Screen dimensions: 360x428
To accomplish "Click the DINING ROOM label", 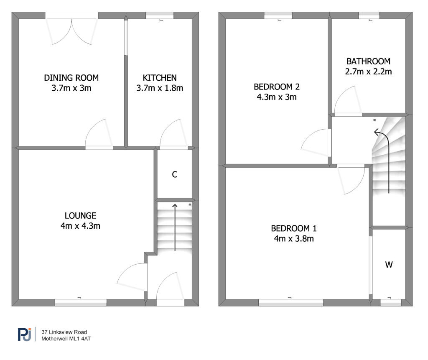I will click(x=71, y=78).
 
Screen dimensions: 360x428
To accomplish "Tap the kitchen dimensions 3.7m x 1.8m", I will click(x=160, y=88).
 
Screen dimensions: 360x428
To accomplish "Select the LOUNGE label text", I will click(x=81, y=216).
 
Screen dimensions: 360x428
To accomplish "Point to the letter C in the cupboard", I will click(x=175, y=175).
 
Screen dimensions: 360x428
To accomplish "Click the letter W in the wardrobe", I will click(x=389, y=265).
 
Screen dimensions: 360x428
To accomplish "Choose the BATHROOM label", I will click(x=368, y=61).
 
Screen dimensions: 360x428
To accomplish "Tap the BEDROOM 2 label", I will click(x=277, y=87).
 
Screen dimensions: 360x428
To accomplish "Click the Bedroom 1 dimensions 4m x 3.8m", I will click(x=294, y=239).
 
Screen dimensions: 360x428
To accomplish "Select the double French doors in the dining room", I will click(x=72, y=29).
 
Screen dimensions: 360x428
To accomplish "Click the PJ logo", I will click(x=24, y=334).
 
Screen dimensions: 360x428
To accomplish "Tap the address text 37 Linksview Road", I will click(x=64, y=332).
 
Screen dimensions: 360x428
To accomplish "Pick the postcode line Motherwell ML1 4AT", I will click(x=66, y=339).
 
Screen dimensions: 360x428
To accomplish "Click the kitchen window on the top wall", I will click(x=160, y=16).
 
